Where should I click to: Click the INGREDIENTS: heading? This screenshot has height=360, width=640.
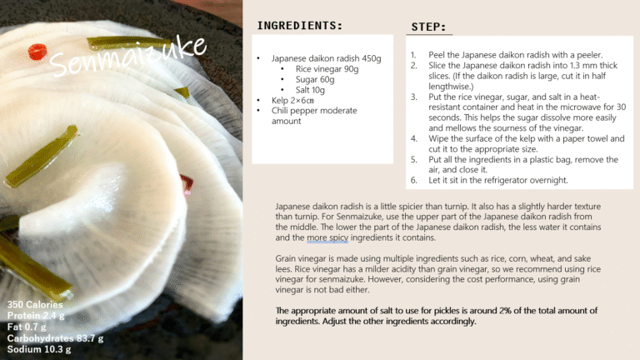tap(300, 25)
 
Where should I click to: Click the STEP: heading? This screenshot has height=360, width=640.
tap(428, 27)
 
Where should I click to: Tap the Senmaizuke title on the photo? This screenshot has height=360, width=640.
tap(127, 57)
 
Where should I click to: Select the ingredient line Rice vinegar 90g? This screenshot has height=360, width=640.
tap(327, 69)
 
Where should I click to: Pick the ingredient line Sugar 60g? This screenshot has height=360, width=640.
tap(315, 80)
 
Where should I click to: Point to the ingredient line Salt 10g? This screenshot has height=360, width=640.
tap(310, 90)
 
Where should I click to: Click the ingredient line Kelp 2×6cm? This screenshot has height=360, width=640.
tap(292, 100)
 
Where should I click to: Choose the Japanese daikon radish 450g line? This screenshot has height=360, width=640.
tap(326, 58)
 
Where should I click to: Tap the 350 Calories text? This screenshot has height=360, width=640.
tap(35, 304)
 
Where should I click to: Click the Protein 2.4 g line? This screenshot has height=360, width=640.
tap(36, 316)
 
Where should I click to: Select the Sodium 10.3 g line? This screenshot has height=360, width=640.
tap(39, 349)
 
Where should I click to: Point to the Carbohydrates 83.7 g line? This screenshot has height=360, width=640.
tap(55, 338)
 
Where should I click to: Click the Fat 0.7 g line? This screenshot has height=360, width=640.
tap(27, 327)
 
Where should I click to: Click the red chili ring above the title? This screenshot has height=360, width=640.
tap(37, 52)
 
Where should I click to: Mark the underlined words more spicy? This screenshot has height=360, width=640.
tap(327, 237)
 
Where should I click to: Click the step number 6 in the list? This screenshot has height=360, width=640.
tap(413, 180)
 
